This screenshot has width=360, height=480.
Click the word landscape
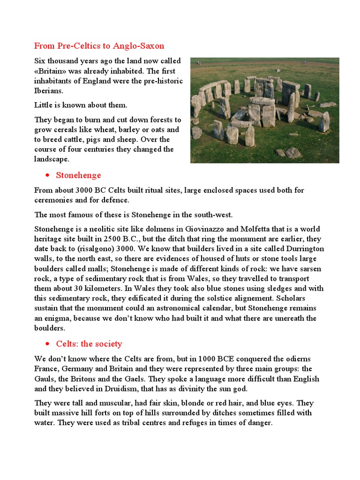pyautogui.click(x=52, y=159)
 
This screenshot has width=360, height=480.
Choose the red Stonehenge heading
pyautogui.click(x=78, y=175)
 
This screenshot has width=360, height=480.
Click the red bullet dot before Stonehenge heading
pyautogui.click(x=48, y=176)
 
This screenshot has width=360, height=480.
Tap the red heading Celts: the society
pyautogui.click(x=89, y=344)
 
